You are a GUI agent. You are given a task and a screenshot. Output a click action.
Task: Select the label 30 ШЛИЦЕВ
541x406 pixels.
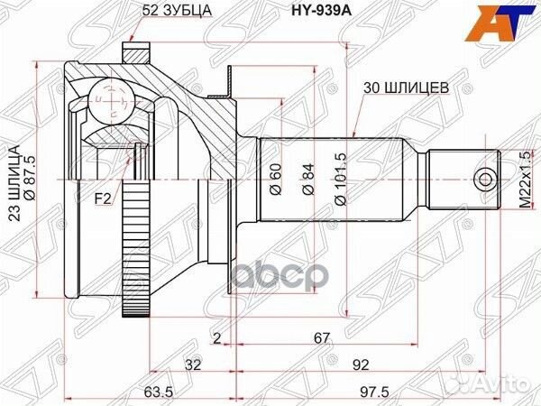tap(405, 88)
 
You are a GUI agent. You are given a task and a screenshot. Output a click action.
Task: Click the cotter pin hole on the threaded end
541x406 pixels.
tap(487, 178)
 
